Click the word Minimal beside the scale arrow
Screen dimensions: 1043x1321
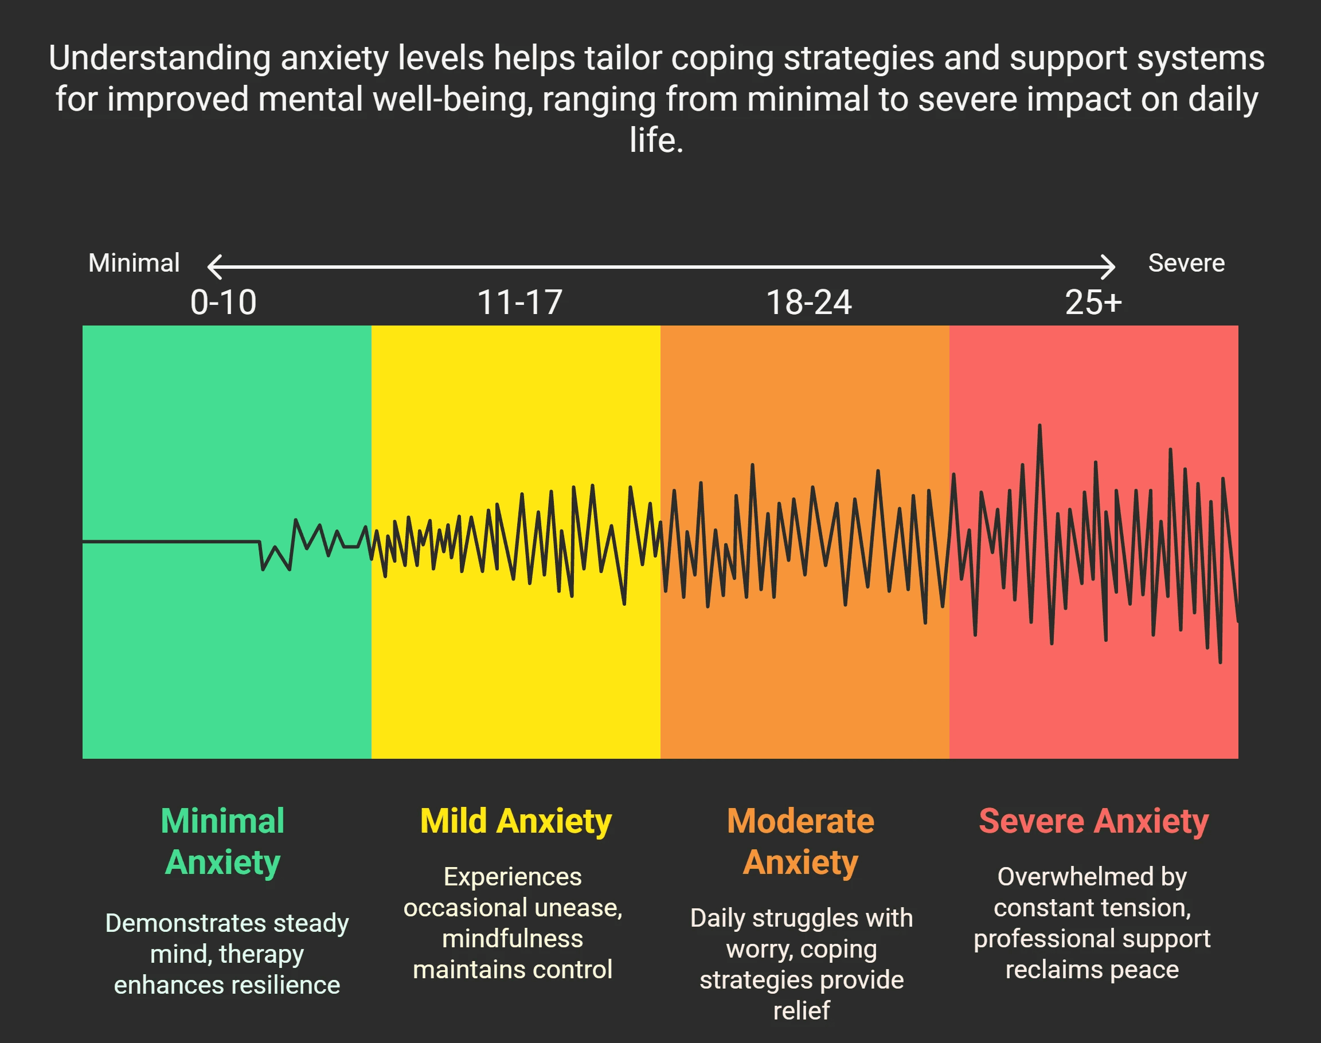[134, 263]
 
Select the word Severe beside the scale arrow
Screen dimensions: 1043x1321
[1186, 263]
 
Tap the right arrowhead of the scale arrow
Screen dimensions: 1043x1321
[1109, 267]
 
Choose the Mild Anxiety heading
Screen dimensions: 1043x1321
[515, 821]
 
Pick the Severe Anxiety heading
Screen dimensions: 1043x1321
[1094, 821]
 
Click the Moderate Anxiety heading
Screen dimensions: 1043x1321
[800, 841]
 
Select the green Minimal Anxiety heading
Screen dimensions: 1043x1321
[222, 841]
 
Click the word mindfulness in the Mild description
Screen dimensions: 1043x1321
[512, 939]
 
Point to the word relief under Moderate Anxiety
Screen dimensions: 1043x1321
[801, 1011]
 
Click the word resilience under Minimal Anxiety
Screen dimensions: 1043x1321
[282, 985]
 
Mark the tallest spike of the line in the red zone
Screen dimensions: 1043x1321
[1039, 426]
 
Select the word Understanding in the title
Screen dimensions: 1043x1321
[159, 58]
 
